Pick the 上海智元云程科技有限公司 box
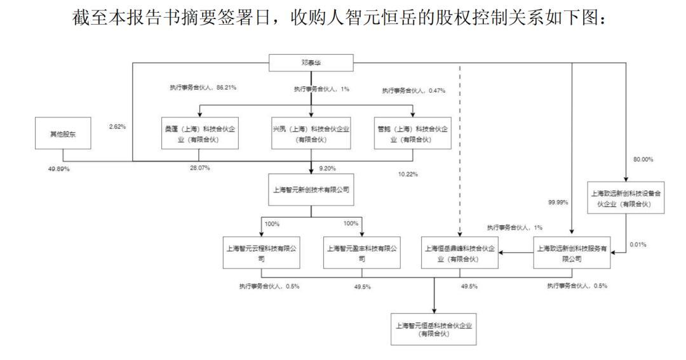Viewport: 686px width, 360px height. pos(262,252)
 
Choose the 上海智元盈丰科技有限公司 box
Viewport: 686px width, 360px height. pos(362,252)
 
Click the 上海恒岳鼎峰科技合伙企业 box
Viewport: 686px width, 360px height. pos(461,252)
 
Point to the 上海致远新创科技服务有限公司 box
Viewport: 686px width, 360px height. pos(572,252)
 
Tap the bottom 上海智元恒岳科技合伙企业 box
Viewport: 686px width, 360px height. pos(434,330)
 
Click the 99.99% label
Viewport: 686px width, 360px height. pos(557,202)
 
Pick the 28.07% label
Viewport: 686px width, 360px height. pos(199,168)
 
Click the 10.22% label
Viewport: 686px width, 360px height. pos(407,174)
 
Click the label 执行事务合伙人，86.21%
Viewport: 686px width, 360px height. pos(199,87)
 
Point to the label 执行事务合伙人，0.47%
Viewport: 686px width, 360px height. pos(414,91)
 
